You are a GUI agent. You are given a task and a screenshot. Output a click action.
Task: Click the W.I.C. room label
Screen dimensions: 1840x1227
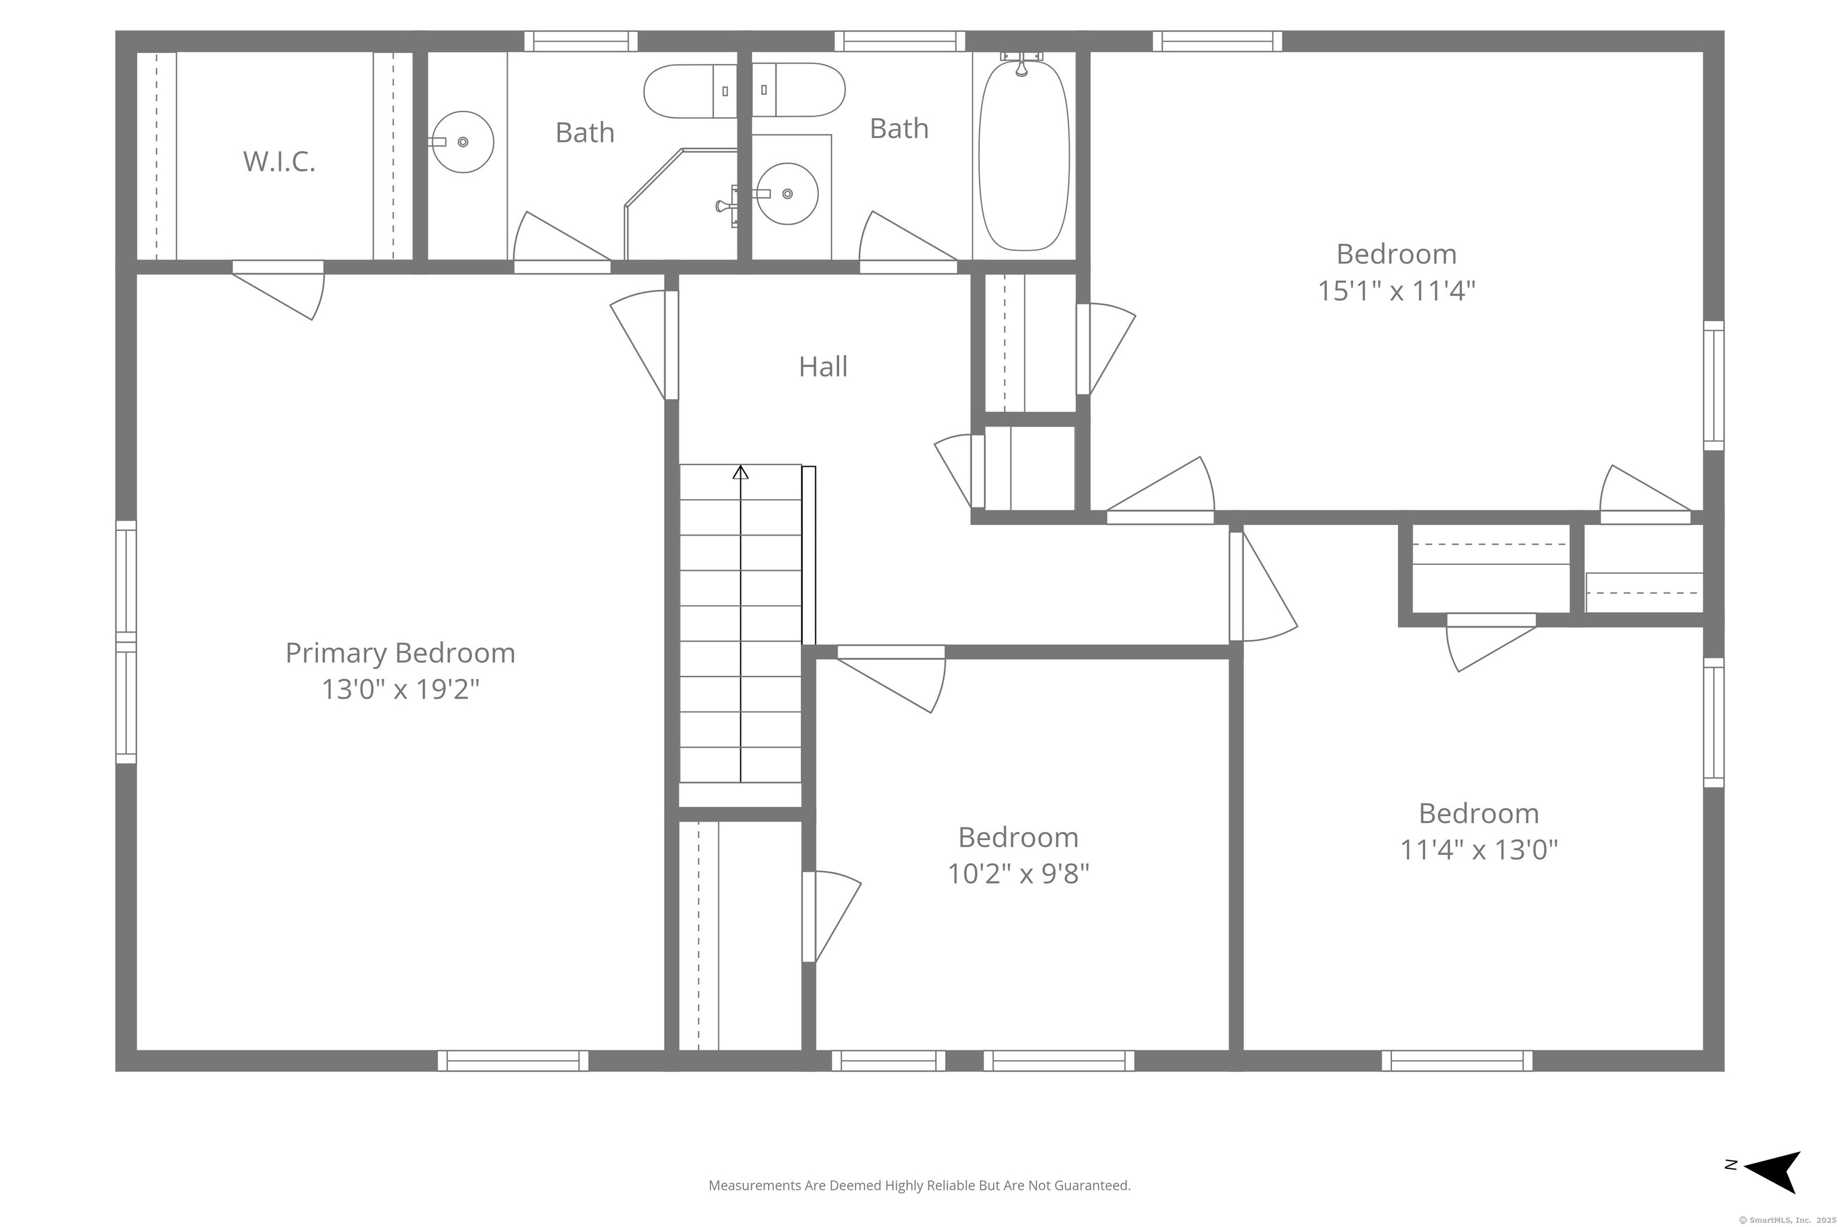coord(279,161)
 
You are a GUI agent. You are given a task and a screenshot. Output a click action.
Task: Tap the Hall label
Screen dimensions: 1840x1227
coord(823,366)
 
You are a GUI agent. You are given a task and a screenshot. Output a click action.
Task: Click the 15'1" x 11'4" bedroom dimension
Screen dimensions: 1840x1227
coord(1396,291)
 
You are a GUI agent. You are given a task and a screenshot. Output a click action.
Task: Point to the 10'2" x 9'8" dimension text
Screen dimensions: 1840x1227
coord(1019,874)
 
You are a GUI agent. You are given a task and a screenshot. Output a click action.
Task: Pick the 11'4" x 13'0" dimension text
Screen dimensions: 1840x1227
coord(1479,850)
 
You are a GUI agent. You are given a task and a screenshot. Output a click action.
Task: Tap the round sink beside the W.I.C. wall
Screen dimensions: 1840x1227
coord(462,141)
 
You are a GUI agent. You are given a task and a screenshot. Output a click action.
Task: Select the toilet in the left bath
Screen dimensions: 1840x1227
coord(690,91)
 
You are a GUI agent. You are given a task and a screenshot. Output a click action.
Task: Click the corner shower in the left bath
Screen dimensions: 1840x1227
coord(680,204)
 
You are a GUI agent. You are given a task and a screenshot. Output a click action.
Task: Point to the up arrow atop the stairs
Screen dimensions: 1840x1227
coord(740,472)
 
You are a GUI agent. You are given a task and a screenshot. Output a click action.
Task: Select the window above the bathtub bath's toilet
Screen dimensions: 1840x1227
coord(899,41)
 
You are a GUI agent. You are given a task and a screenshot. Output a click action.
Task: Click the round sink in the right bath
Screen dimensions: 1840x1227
coord(787,194)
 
